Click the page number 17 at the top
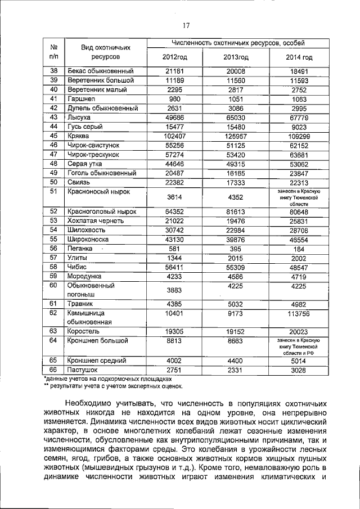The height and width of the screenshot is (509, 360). pos(187,25)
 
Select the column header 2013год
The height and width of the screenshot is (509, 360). pos(236,57)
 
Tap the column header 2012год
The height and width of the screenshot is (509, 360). pos(175,57)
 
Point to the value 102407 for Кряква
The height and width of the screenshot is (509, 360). pos(175,136)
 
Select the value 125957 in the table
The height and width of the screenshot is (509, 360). pos(236,136)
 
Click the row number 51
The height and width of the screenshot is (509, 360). pos(54,192)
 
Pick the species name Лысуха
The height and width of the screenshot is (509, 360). pos(80,117)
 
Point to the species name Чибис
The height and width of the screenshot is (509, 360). pos(78,267)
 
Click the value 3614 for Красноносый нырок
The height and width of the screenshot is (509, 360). pos(175,197)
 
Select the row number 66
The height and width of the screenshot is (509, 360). pos(54,370)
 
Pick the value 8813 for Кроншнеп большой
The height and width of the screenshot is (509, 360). pos(175,341)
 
